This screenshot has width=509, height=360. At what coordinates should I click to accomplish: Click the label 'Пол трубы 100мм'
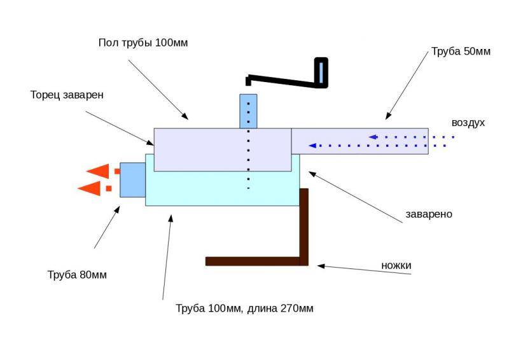(x=143, y=43)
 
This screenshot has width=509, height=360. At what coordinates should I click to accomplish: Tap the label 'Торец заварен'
(x=67, y=95)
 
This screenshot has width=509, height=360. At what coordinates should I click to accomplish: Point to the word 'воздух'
(x=468, y=123)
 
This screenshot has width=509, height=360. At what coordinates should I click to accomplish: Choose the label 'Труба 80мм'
(x=77, y=275)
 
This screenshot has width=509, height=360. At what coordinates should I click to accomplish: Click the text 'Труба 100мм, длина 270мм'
(x=244, y=308)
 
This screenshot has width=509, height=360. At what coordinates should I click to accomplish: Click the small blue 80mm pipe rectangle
(x=132, y=179)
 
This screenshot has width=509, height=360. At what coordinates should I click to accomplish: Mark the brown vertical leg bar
(x=303, y=226)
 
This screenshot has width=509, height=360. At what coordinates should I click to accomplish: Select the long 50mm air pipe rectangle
(x=359, y=141)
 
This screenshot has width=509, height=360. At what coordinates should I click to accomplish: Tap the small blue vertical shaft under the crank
(x=248, y=111)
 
